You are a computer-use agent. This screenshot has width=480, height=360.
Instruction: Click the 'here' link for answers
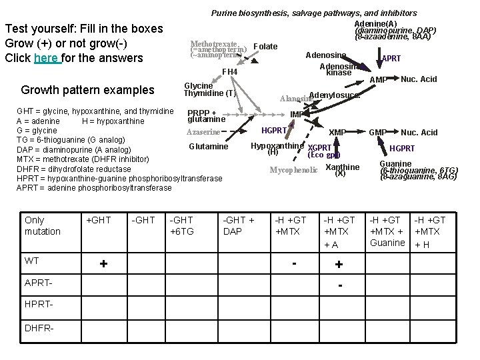tap(47, 58)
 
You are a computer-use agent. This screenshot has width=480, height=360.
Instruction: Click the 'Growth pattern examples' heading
tap(87, 90)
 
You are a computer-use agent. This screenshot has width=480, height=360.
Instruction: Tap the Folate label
tap(266, 47)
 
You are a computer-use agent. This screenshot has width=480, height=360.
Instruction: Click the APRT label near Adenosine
tap(391, 59)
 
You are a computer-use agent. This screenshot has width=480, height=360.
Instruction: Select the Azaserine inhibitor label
tap(203, 133)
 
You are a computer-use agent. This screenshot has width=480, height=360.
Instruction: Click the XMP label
tap(337, 133)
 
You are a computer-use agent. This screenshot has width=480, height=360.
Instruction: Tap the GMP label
tap(378, 133)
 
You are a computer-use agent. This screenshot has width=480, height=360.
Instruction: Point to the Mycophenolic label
tap(293, 170)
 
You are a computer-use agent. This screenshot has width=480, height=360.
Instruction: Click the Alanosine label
tap(295, 99)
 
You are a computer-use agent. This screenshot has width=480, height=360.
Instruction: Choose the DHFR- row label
tap(40, 329)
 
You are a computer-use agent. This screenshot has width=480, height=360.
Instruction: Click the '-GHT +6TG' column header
tap(182, 225)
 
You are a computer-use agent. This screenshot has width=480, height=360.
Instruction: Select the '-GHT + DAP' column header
tap(238, 225)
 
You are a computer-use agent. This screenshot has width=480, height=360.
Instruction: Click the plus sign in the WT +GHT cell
tap(103, 263)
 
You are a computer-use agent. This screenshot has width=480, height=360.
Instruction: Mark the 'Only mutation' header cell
tap(42, 225)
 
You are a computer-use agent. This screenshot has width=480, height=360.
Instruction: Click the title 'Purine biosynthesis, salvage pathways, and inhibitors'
tap(314, 13)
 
